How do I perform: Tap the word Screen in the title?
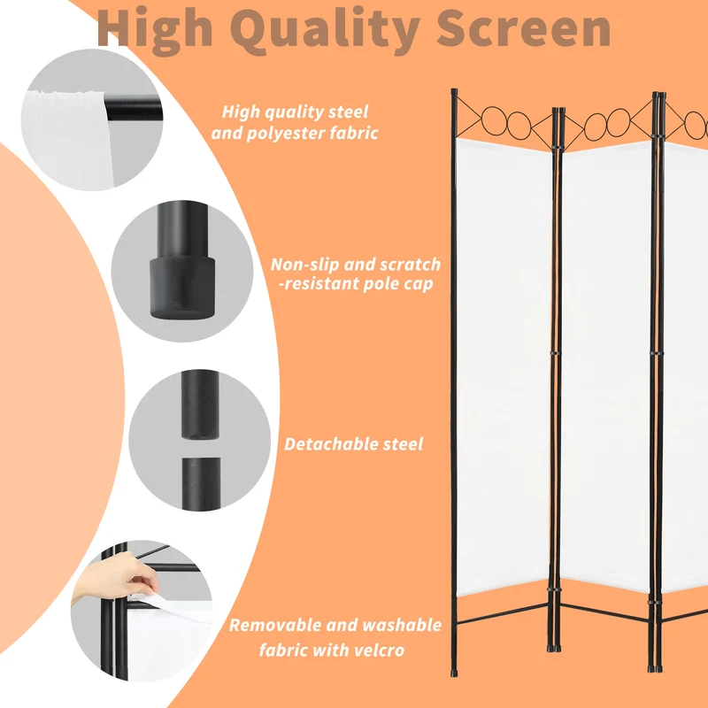[524, 28]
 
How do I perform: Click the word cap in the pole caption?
[419, 285]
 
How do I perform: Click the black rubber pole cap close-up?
[182, 287]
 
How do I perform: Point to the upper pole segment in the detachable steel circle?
[201, 404]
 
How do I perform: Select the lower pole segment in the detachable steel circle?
[202, 483]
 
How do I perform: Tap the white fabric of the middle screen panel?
[606, 366]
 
